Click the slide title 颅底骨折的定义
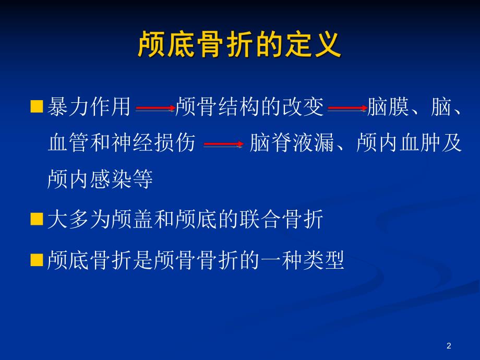point(239,45)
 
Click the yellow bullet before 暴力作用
point(37,107)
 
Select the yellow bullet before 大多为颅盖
point(37,219)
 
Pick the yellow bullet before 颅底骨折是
point(37,259)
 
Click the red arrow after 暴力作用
point(155,109)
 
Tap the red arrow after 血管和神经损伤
point(223,145)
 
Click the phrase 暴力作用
point(89,107)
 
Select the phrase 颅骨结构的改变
point(250,107)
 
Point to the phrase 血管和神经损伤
point(122,143)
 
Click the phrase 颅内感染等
point(100,179)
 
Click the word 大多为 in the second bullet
point(79,220)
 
